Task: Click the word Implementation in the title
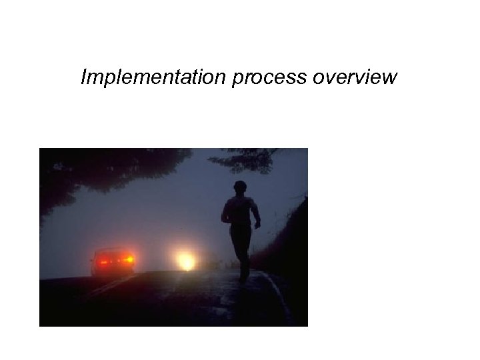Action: pyautogui.click(x=154, y=79)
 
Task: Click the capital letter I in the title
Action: pyautogui.click(x=84, y=78)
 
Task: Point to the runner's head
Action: pyautogui.click(x=240, y=187)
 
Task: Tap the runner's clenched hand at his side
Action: pyautogui.click(x=257, y=225)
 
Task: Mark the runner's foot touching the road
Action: pyautogui.click(x=245, y=275)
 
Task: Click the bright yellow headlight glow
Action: pyautogui.click(x=186, y=259)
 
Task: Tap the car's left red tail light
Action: pyautogui.click(x=102, y=261)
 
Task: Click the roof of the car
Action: pyautogui.click(x=113, y=251)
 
